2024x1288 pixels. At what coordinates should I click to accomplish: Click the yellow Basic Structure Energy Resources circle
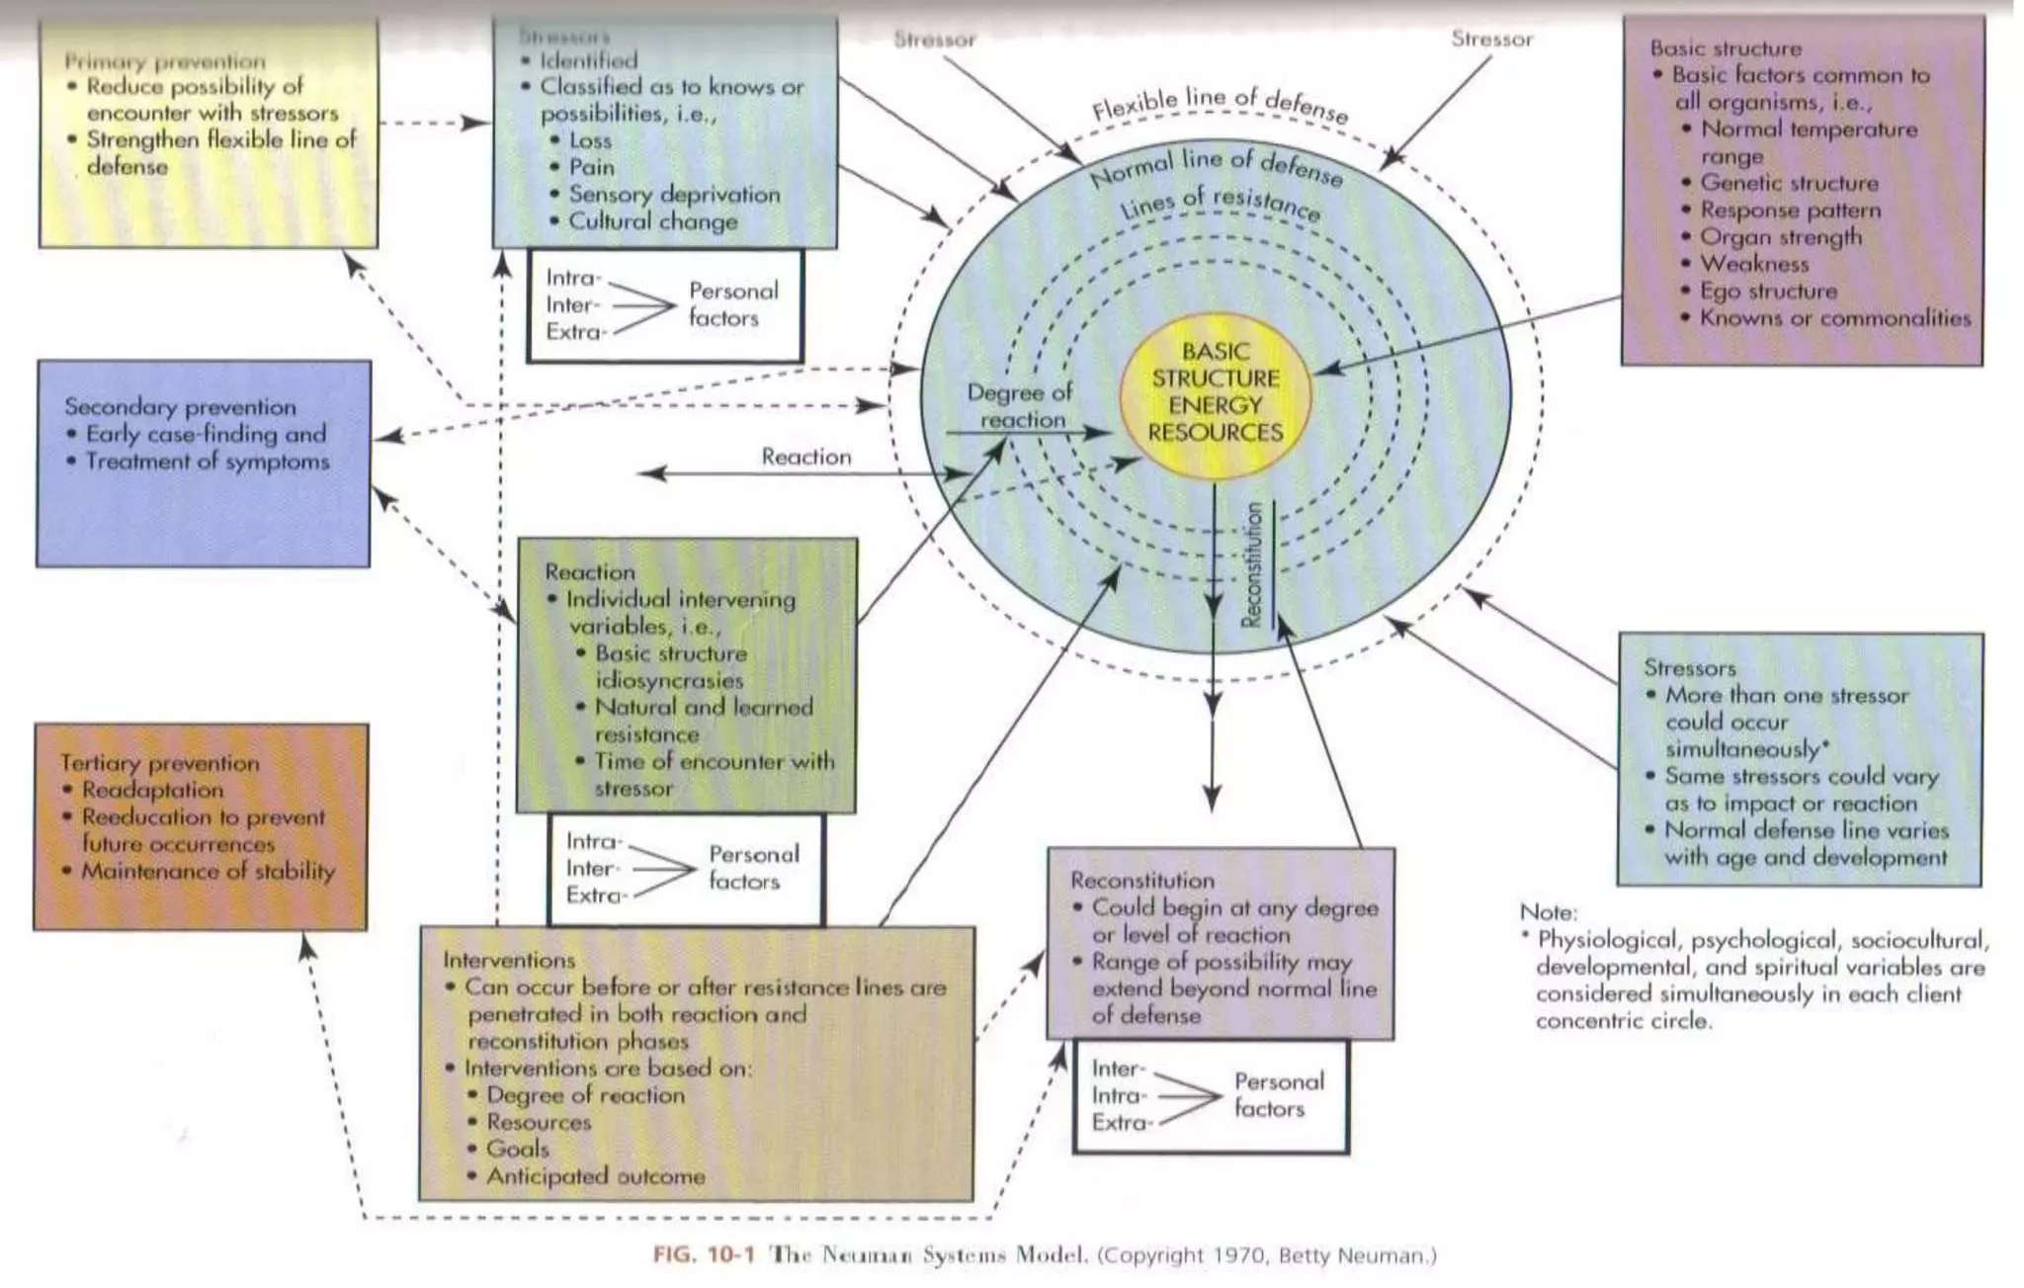click(1215, 391)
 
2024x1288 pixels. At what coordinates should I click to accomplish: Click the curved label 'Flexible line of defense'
click(1220, 103)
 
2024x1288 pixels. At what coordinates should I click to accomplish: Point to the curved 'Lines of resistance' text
click(1220, 203)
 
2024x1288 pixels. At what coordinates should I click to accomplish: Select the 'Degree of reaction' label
click(1020, 405)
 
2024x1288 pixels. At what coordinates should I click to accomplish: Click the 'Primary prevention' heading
click(165, 60)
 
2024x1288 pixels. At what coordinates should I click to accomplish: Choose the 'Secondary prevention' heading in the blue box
click(180, 406)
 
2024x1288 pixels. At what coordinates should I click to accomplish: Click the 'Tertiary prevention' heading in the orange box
click(159, 762)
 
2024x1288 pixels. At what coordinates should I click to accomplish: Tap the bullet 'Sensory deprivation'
click(674, 194)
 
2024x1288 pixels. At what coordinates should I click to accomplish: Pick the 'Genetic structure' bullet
click(1789, 183)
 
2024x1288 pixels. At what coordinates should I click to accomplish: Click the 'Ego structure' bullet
click(1768, 291)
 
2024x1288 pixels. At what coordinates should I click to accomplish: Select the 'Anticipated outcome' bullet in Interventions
click(595, 1176)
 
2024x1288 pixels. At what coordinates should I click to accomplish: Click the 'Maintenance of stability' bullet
click(208, 871)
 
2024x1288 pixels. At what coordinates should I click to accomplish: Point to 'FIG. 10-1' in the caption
click(704, 1255)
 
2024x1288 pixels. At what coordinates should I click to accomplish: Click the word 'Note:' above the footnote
click(1549, 912)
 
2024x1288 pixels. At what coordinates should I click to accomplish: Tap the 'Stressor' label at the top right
click(1491, 40)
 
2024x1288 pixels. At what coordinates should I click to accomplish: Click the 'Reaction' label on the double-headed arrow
click(805, 457)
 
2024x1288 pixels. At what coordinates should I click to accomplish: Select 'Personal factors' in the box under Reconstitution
click(1278, 1095)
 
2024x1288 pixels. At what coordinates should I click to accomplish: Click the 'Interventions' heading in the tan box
click(509, 960)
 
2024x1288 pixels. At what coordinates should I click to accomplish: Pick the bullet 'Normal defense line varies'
click(1806, 830)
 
